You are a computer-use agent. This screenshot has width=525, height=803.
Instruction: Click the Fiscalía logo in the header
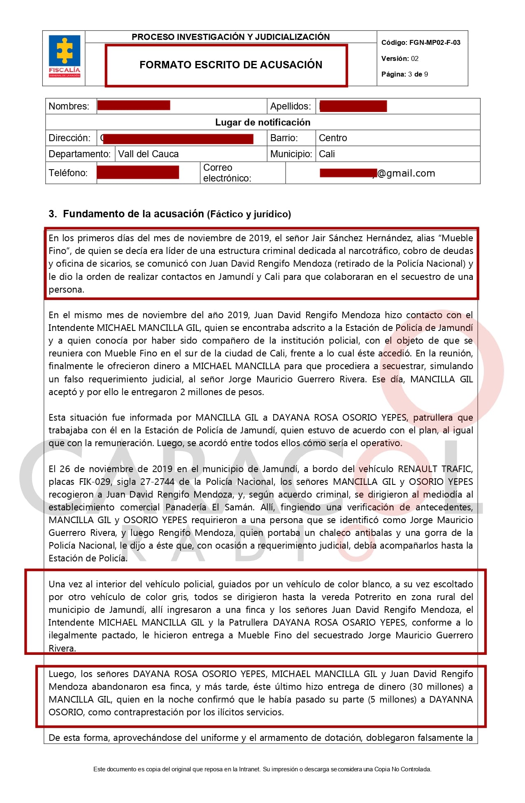pos(64,57)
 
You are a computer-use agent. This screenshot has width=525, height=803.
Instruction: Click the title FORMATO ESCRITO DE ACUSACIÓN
pos(230,65)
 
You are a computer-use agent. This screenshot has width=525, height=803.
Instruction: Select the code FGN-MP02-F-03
pos(434,42)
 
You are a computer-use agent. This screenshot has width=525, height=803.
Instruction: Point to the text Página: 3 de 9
pos(404,74)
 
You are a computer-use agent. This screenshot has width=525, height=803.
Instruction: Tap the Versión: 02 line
pos(400,58)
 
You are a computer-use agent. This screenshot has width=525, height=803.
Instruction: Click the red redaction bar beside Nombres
pos(134,106)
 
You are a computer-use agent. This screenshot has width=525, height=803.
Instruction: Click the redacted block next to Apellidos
pos(353,106)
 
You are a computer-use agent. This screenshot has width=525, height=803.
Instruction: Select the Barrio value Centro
pos(333,138)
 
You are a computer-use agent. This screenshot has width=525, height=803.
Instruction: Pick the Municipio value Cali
pos(327,154)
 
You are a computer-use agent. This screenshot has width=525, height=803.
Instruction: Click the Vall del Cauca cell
pos(149,154)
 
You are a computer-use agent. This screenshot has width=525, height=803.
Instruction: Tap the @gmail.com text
pos(406,173)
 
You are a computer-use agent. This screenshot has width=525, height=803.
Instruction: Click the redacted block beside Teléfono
pos(138,172)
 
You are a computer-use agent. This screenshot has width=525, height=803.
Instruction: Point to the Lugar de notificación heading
pos(262,122)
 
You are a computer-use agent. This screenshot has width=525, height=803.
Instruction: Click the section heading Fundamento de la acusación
pos(133,214)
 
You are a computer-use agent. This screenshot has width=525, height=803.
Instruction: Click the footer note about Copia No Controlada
pos(262,769)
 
